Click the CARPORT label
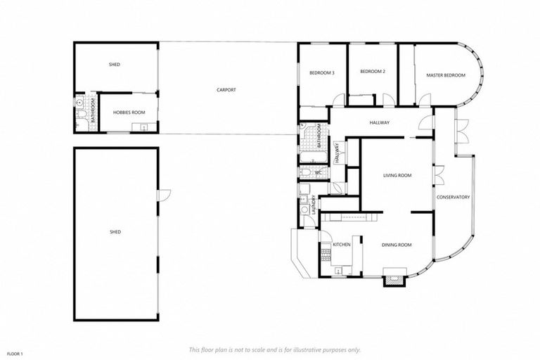(226, 90)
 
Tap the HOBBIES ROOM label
(128, 112)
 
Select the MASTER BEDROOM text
(445, 75)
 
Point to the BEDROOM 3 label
(321, 72)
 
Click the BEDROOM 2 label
(373, 72)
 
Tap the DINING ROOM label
(397, 245)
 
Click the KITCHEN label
(342, 244)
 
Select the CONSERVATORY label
(453, 197)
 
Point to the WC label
(318, 172)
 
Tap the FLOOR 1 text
(15, 353)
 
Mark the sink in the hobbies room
(144, 127)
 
